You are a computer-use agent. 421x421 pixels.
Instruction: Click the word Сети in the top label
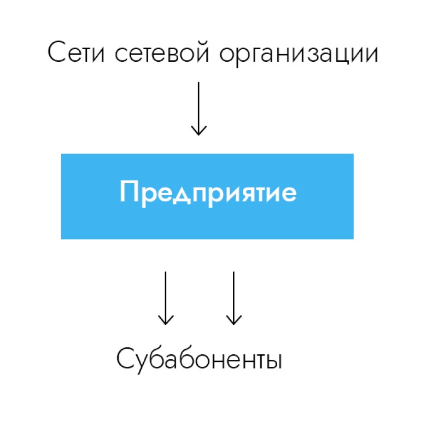click(76, 52)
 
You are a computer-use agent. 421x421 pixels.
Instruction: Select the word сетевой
click(162, 52)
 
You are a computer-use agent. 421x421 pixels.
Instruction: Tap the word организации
click(299, 54)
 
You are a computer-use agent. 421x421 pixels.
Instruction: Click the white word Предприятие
click(208, 194)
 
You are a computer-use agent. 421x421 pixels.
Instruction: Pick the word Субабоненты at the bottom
click(199, 360)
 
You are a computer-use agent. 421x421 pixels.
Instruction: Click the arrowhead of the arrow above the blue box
click(198, 131)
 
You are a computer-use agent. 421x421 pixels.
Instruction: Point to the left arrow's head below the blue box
click(166, 320)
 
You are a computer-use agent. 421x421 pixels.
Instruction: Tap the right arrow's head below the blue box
click(233, 320)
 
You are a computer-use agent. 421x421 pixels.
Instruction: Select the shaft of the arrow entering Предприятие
click(198, 109)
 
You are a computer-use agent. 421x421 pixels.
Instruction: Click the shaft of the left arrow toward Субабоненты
click(166, 298)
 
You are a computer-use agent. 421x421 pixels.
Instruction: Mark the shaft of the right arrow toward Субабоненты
click(233, 298)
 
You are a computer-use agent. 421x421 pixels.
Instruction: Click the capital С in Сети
click(57, 52)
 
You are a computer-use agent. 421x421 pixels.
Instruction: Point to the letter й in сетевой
click(201, 52)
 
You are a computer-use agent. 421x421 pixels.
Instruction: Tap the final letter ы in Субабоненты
click(273, 361)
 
